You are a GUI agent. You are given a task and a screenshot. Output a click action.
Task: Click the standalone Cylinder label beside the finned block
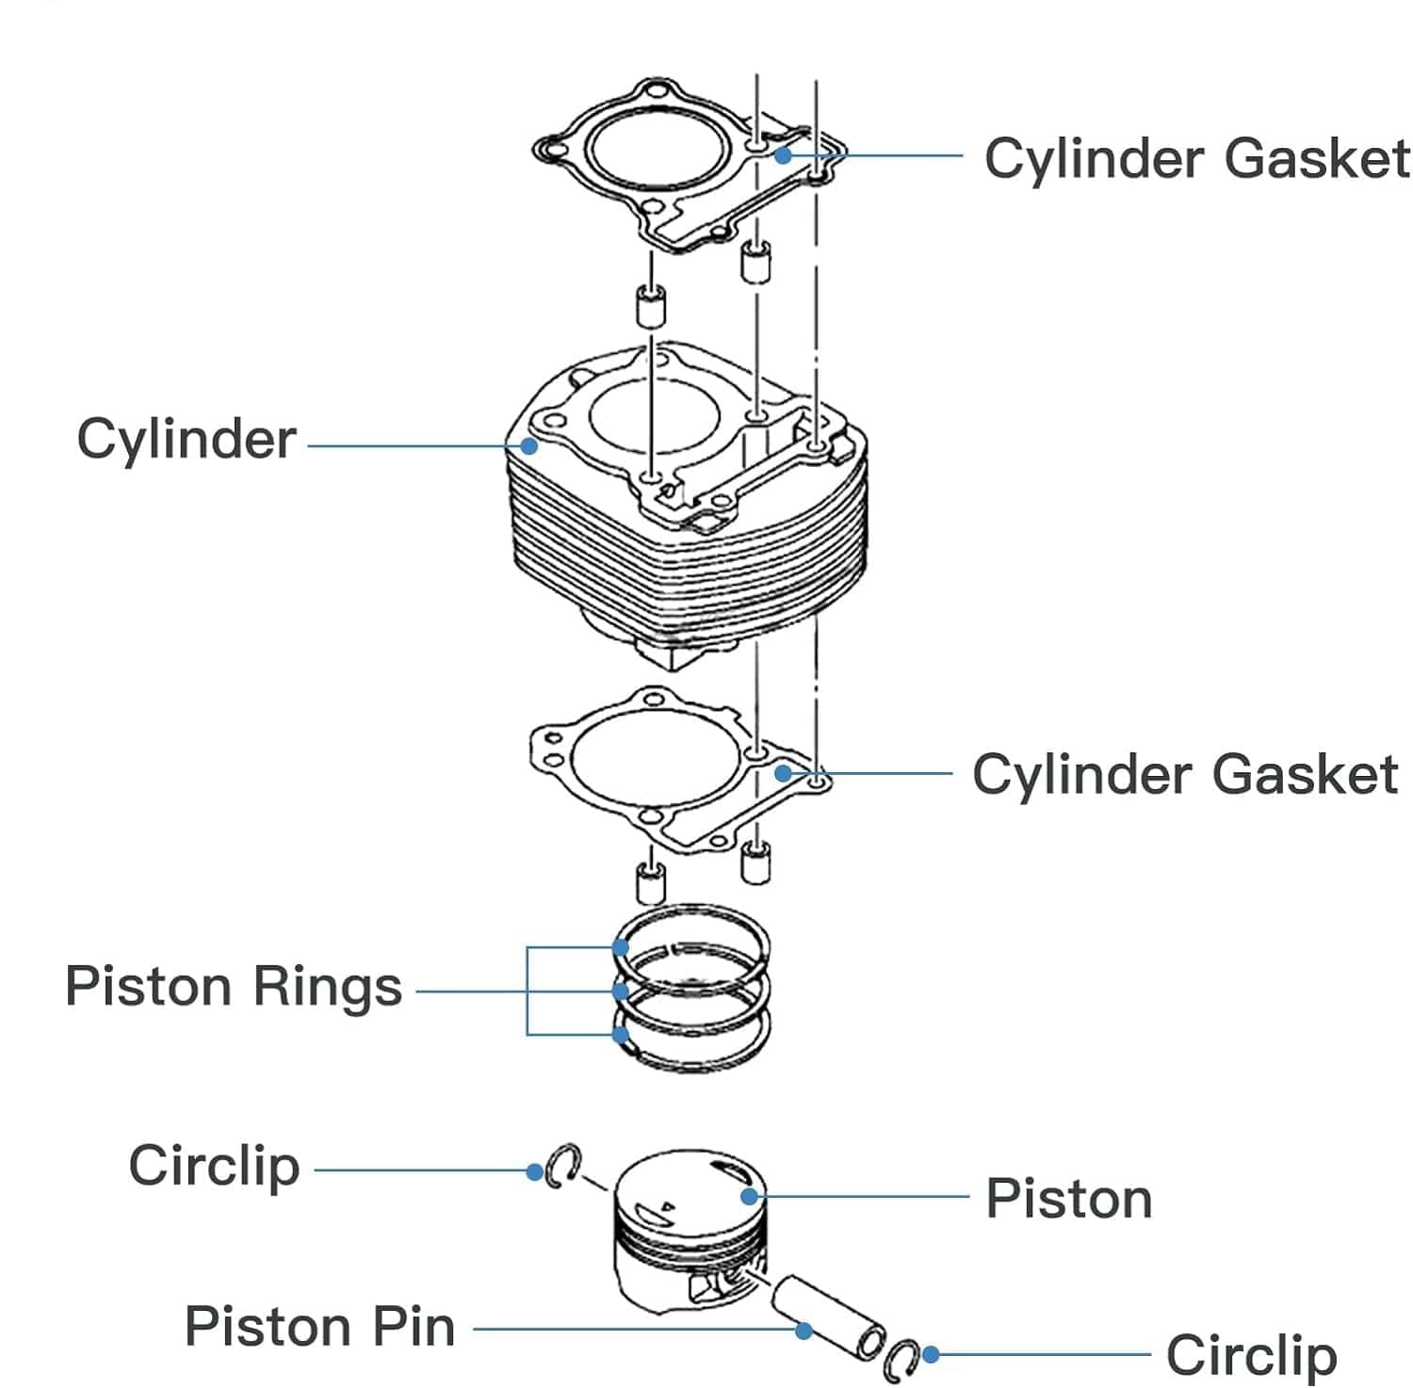[187, 440]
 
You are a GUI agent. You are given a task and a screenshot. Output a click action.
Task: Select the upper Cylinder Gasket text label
[1196, 158]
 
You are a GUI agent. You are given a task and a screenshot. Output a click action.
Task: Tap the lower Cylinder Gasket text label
[1184, 775]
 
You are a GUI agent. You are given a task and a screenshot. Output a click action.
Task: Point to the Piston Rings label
[234, 988]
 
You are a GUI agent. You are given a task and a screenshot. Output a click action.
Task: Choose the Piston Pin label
[319, 1327]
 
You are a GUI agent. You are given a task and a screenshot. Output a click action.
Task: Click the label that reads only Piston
[1068, 1199]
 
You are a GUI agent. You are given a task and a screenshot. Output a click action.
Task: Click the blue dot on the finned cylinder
[529, 445]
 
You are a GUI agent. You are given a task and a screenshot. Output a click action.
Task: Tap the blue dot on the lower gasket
[783, 774]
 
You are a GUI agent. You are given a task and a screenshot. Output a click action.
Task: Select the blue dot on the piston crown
[750, 1197]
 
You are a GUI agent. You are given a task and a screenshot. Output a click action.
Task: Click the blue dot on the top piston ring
[621, 947]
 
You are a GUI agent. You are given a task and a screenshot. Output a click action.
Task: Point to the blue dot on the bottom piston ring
[621, 1035]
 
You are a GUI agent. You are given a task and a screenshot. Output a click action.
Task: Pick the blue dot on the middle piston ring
[621, 992]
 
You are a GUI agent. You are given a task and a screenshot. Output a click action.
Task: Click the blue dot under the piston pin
[804, 1331]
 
